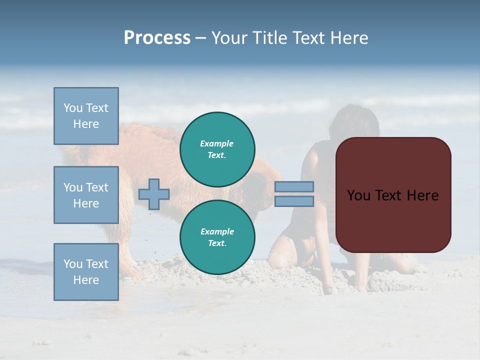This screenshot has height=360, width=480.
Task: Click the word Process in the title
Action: click(157, 38)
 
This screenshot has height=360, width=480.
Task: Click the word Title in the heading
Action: click(267, 38)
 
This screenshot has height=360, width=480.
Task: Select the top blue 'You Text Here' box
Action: click(86, 116)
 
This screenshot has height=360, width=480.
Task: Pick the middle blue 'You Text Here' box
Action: click(86, 195)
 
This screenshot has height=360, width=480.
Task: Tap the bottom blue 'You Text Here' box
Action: click(86, 272)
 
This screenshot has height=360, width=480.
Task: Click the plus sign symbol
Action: click(154, 194)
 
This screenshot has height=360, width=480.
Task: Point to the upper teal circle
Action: click(217, 149)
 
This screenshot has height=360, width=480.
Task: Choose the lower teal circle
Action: click(217, 237)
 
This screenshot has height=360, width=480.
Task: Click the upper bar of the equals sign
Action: click(294, 186)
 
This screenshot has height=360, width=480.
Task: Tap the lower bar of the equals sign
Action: click(294, 201)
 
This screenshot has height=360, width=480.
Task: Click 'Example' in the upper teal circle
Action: click(216, 143)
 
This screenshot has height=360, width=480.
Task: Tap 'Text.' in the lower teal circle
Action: click(217, 243)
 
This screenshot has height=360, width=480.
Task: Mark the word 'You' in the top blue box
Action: click(72, 108)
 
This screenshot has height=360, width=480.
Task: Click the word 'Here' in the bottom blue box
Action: click(86, 280)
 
